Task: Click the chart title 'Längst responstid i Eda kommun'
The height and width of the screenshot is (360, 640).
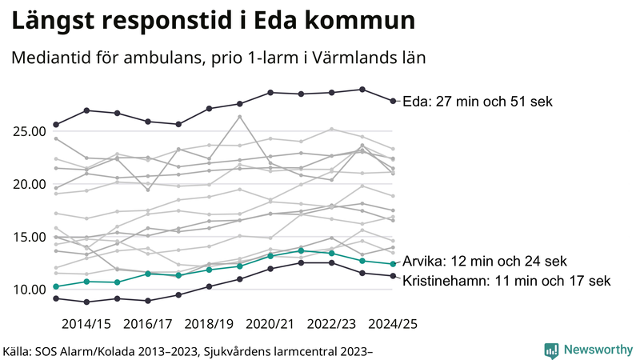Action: tap(213, 22)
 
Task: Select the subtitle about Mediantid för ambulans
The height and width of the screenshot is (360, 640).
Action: tap(217, 58)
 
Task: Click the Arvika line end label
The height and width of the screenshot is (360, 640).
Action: tap(484, 262)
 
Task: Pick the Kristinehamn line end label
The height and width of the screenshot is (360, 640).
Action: tap(506, 281)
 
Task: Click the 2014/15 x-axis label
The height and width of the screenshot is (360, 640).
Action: tap(86, 324)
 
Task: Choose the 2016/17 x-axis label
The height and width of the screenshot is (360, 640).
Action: tap(148, 324)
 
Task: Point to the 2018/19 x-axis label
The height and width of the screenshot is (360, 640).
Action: tap(210, 324)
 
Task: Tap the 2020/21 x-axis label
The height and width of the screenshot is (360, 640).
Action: tap(271, 324)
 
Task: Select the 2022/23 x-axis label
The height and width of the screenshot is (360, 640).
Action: tap(332, 324)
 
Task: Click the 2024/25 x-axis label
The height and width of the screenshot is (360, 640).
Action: tap(393, 324)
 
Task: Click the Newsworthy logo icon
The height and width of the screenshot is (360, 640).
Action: tap(551, 350)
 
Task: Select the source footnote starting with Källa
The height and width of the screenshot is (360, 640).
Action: tap(190, 350)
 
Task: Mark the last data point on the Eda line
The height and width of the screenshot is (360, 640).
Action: tap(392, 101)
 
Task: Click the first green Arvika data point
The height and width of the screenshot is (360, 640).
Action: tap(56, 286)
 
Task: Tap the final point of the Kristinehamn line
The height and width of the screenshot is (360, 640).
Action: tap(392, 276)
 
